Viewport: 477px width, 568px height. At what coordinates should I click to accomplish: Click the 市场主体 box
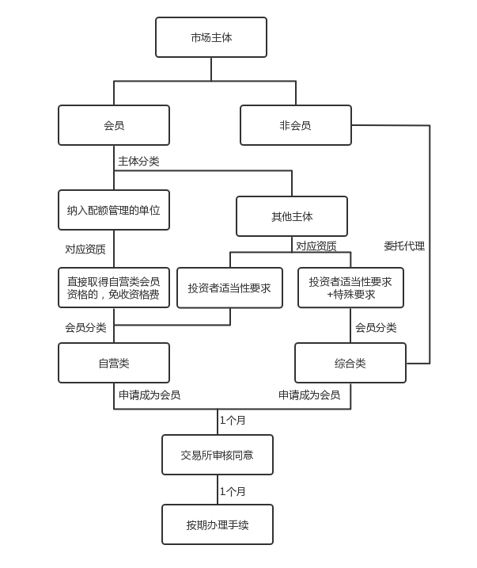click(211, 37)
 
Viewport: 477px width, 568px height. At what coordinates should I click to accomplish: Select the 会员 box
click(114, 125)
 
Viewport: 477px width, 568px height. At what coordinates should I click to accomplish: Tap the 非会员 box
click(295, 125)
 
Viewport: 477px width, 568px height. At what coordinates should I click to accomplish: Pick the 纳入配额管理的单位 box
click(114, 210)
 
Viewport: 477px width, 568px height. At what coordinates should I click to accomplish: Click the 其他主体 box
click(292, 216)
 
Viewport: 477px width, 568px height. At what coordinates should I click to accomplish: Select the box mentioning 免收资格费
click(114, 288)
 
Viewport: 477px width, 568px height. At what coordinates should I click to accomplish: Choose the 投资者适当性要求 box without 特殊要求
click(229, 288)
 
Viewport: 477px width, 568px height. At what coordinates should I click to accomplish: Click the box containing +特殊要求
click(350, 288)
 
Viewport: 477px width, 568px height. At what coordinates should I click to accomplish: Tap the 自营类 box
click(114, 363)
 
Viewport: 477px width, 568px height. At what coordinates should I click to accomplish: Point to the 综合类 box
click(350, 363)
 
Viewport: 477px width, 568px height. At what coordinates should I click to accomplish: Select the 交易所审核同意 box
click(218, 455)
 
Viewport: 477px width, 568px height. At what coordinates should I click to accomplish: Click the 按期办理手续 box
click(218, 524)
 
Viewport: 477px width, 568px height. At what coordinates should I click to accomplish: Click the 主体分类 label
click(138, 162)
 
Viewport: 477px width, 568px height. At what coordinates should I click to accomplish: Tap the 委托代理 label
click(404, 246)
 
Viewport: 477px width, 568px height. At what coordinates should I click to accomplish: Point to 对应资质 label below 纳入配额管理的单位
click(85, 249)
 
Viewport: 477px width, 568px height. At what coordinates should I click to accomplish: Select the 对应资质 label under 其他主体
click(316, 246)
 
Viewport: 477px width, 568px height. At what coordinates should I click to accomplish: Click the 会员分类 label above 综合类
click(376, 328)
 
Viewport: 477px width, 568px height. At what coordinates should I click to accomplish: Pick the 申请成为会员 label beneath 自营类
click(150, 395)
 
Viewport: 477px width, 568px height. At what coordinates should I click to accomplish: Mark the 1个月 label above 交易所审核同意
click(233, 421)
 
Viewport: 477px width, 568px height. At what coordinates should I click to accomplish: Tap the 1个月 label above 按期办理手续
click(233, 492)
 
